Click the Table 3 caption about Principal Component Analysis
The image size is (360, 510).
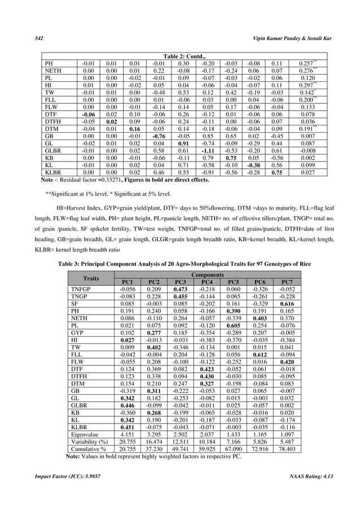pos(180,265)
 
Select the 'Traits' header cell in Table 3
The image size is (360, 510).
pos(91,278)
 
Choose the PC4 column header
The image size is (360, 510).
pos(207,282)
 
